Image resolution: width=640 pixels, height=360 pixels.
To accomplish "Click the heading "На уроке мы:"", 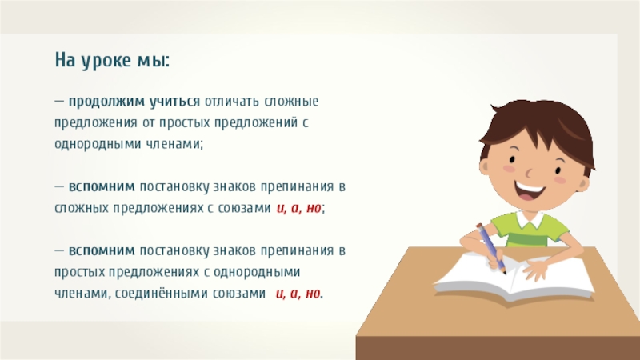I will click(112, 61).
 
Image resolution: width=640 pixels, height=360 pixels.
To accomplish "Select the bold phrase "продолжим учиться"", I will click(134, 103).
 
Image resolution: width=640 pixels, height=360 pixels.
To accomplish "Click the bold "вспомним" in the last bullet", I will click(102, 250).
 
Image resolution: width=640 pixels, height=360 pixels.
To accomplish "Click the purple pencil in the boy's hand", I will click(490, 246).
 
